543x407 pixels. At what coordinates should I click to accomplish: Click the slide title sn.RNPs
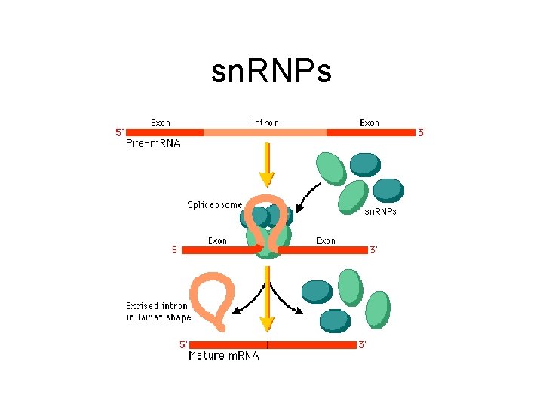(271, 72)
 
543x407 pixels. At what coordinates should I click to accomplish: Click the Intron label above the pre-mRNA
(265, 123)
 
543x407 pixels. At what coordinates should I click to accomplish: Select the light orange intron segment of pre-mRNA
(265, 133)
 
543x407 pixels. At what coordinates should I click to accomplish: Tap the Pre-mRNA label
(153, 143)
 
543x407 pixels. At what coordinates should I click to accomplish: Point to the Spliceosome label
(215, 204)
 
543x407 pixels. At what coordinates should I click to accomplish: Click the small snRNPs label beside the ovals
(381, 213)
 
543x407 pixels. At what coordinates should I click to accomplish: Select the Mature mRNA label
(223, 356)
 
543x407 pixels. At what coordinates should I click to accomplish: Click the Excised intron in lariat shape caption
(158, 311)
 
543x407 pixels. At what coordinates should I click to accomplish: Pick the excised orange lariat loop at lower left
(213, 301)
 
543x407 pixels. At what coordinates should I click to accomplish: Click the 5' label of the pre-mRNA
(120, 133)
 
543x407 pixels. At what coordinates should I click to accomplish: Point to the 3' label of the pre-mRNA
(422, 133)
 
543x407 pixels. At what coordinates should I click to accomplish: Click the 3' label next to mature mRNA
(362, 345)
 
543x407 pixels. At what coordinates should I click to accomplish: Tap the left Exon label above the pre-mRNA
(161, 123)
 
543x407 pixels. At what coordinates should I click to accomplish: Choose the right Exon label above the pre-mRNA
(370, 123)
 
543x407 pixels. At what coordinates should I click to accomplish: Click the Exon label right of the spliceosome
(326, 241)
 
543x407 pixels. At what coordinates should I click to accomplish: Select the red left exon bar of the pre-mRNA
(165, 133)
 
